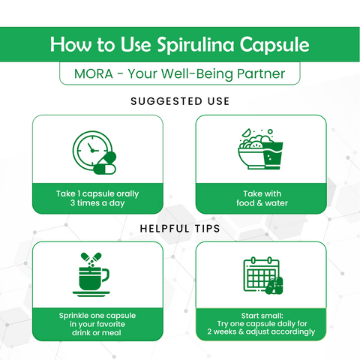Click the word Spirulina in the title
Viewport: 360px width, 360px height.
(x=196, y=45)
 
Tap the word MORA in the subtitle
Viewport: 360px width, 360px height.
(x=94, y=73)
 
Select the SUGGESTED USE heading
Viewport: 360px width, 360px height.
(x=180, y=101)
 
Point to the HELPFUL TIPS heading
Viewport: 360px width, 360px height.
(x=180, y=229)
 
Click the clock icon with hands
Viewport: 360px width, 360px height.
(x=92, y=151)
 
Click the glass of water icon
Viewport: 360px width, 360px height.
(x=273, y=155)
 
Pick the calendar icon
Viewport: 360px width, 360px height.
(x=261, y=275)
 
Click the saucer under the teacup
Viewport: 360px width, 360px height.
(x=91, y=294)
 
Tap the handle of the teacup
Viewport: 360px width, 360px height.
(x=106, y=275)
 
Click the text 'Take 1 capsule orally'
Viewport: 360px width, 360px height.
(x=97, y=193)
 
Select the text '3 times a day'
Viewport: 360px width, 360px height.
(x=97, y=203)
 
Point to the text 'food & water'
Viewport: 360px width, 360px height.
(x=262, y=203)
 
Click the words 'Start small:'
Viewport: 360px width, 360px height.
(x=262, y=316)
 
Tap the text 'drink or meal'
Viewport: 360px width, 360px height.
(x=97, y=333)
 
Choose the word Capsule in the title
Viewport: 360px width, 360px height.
(x=274, y=45)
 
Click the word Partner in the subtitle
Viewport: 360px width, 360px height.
(x=261, y=73)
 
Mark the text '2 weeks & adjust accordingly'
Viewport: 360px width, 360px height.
(x=261, y=331)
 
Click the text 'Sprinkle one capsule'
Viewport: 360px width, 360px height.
(x=97, y=316)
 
